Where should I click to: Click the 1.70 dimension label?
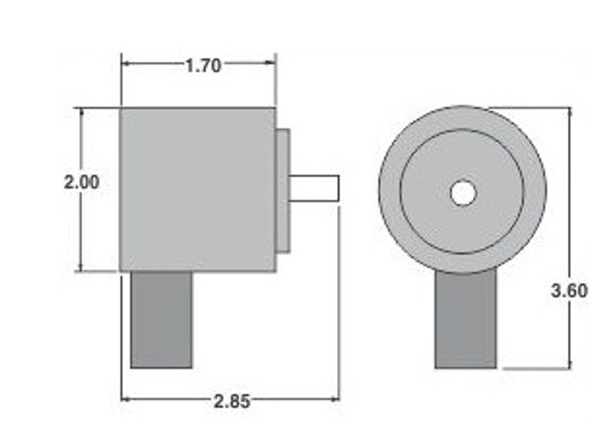pyautogui.click(x=203, y=66)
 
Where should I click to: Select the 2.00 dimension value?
pyautogui.click(x=82, y=182)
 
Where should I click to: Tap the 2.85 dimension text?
pyautogui.click(x=232, y=402)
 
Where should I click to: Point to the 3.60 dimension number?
pyautogui.click(x=570, y=290)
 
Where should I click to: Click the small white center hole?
pyautogui.click(x=463, y=193)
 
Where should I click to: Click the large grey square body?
pyautogui.click(x=198, y=189)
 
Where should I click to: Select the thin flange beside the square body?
pyautogui.click(x=283, y=191)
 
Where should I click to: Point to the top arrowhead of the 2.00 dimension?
pyautogui.click(x=81, y=112)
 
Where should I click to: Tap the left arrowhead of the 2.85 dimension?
pyautogui.click(x=125, y=399)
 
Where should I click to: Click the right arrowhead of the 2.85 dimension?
pyautogui.click(x=336, y=399)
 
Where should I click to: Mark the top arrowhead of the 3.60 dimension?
pyautogui.click(x=570, y=112)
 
